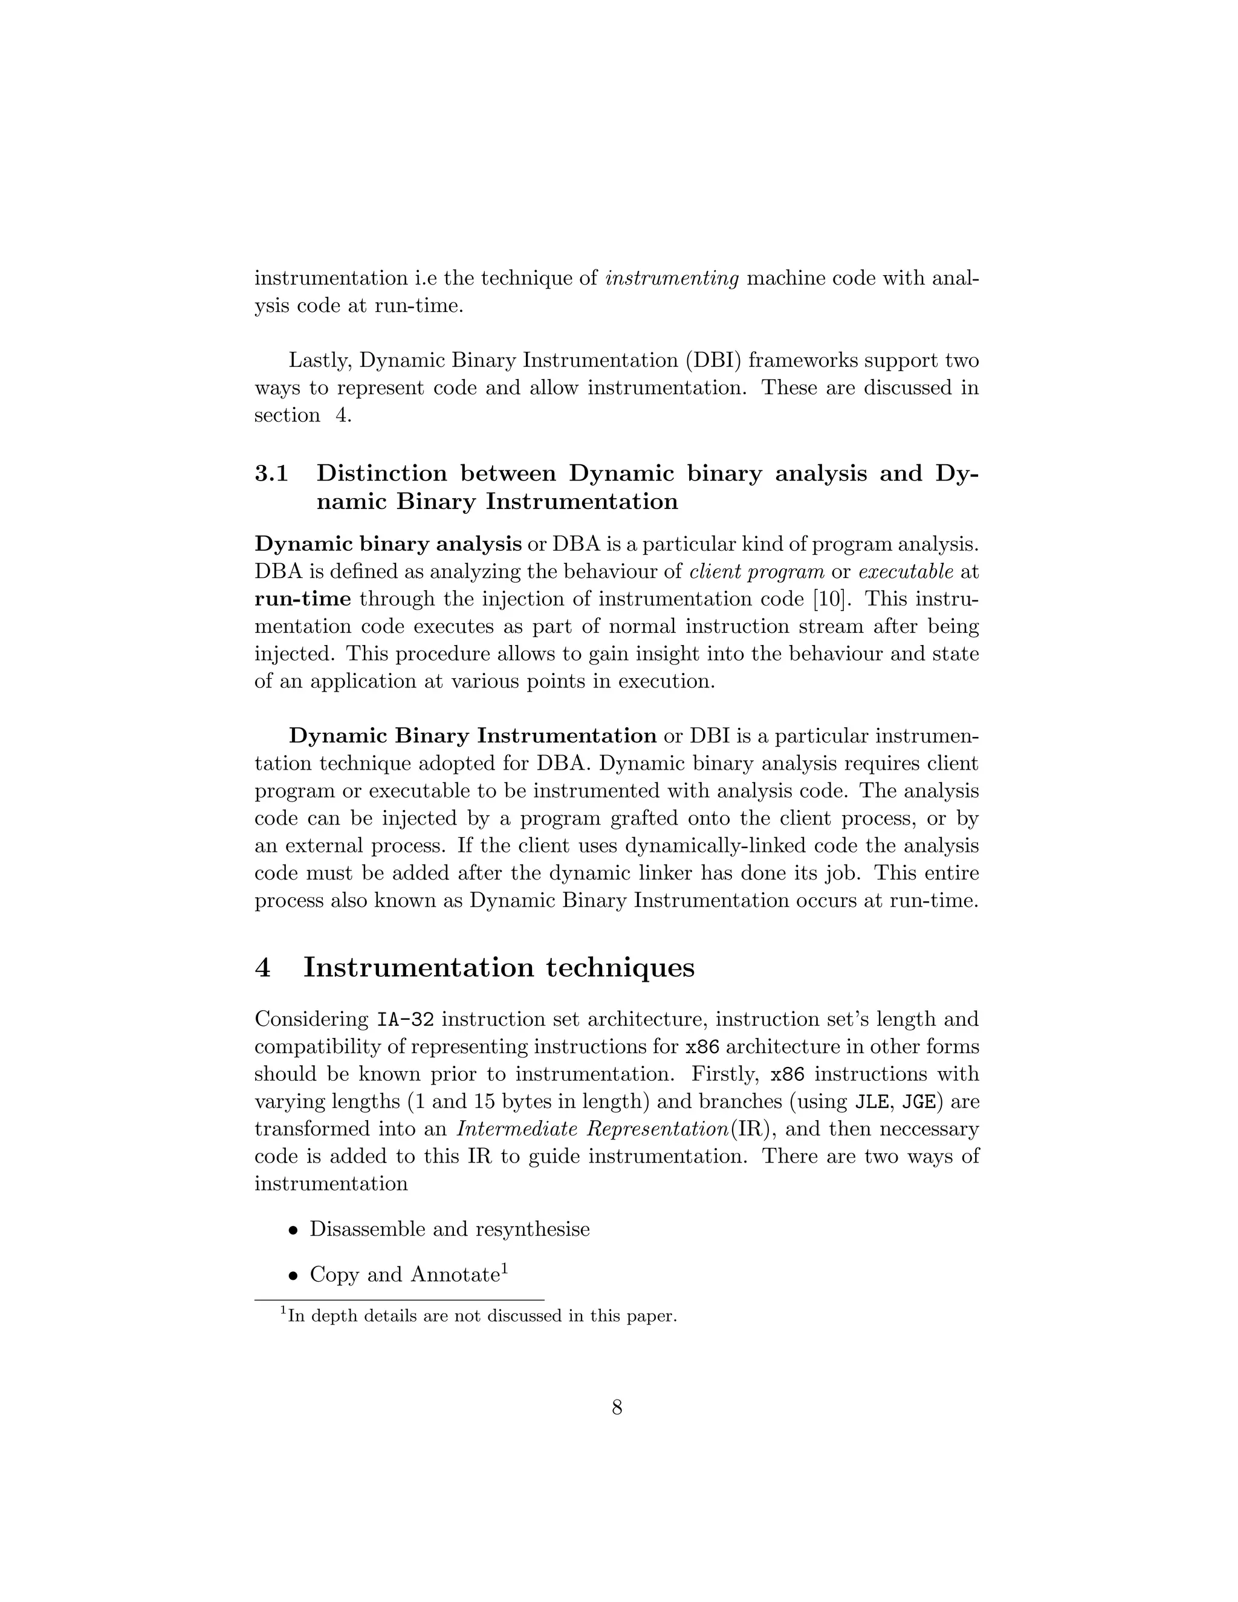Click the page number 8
coord(617,1407)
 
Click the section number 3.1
coord(271,474)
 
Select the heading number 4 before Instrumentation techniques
coord(262,967)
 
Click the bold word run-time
coord(303,599)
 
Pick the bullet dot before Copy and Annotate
coord(293,1276)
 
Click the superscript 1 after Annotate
coord(505,1268)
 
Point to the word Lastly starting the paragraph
coord(319,361)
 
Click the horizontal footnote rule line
coord(399,1300)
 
